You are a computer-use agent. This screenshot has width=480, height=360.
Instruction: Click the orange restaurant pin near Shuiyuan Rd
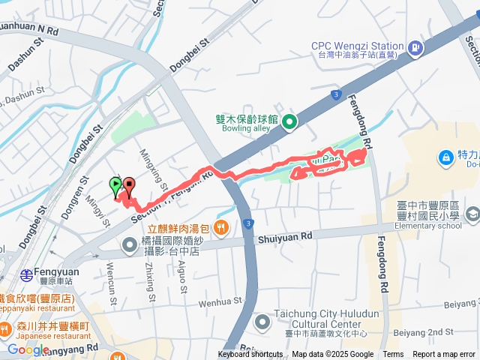[x=220, y=226]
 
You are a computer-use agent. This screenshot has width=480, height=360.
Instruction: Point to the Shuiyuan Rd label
[x=284, y=237]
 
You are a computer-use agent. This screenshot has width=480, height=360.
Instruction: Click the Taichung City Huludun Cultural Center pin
[x=262, y=322]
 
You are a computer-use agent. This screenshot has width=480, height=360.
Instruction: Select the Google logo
[x=28, y=349]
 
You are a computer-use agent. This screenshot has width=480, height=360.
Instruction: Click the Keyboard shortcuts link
[x=250, y=355]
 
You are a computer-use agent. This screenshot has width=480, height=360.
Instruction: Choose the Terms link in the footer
[x=393, y=355]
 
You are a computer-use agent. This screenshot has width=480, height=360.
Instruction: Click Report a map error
[x=445, y=355]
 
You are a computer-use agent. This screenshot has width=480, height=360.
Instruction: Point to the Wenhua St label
[x=222, y=303]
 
